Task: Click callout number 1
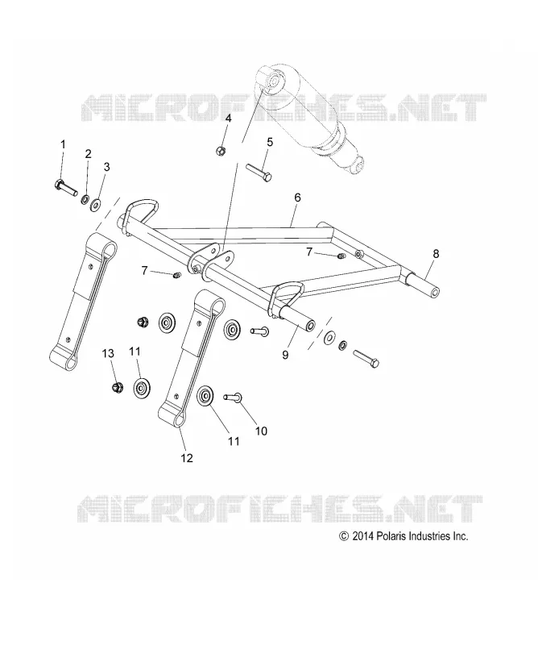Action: pyautogui.click(x=63, y=144)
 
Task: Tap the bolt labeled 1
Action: pyautogui.click(x=65, y=188)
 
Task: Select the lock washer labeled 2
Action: pyautogui.click(x=85, y=199)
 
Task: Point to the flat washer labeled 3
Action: pyautogui.click(x=97, y=204)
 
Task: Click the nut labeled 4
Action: pyautogui.click(x=221, y=150)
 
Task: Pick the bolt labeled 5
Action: pyautogui.click(x=259, y=173)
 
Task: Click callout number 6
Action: pyautogui.click(x=297, y=198)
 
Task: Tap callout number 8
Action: pyautogui.click(x=436, y=254)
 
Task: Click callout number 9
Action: pyautogui.click(x=285, y=354)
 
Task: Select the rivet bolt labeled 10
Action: pyautogui.click(x=233, y=397)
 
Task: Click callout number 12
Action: pyautogui.click(x=187, y=458)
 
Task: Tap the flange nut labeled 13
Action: pyautogui.click(x=118, y=386)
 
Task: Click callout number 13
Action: pyautogui.click(x=108, y=353)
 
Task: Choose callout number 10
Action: pyautogui.click(x=261, y=431)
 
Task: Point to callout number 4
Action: pyautogui.click(x=228, y=119)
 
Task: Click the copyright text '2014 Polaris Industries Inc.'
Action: pyautogui.click(x=410, y=536)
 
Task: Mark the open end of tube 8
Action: pyautogui.click(x=435, y=293)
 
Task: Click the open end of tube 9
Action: pyautogui.click(x=311, y=327)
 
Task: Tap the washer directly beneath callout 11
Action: pyautogui.click(x=142, y=388)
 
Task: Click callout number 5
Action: pyautogui.click(x=270, y=143)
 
